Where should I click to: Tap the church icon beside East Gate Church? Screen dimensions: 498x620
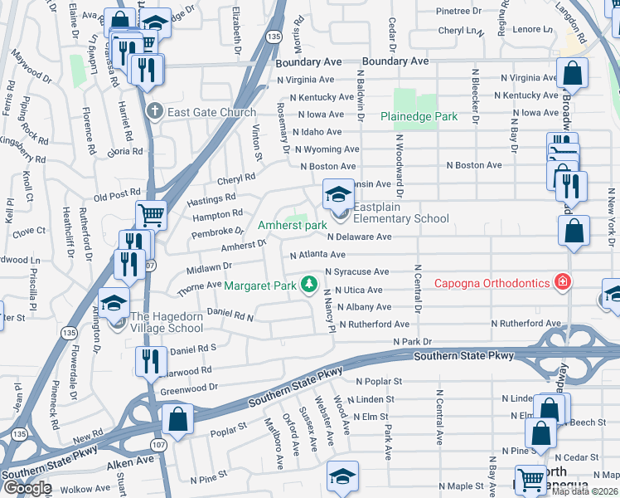[153, 111]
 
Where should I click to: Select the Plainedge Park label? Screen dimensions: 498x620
[419, 117]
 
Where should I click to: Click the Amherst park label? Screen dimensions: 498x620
[292, 225]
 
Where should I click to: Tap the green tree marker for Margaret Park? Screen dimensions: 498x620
[309, 286]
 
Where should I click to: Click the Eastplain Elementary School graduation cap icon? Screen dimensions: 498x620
[337, 196]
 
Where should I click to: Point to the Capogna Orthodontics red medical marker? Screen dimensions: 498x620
[564, 283]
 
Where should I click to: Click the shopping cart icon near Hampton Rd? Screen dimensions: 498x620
[151, 215]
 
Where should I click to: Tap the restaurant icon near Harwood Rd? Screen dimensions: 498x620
[150, 361]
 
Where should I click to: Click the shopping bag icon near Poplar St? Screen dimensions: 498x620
[177, 418]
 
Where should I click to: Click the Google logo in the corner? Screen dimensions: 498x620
[27, 488]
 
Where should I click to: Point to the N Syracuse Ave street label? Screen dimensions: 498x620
[356, 271]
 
